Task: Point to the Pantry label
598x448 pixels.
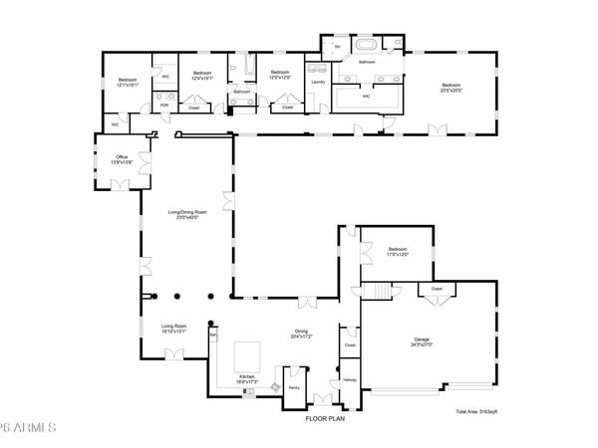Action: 294,387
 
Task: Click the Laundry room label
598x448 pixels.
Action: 318,82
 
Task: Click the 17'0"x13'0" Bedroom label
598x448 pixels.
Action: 397,251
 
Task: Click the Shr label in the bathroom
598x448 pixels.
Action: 337,47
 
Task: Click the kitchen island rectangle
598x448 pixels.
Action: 248,355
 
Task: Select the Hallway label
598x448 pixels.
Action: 350,379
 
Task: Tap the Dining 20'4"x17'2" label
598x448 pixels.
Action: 300,334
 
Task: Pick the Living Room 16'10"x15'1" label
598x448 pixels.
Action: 173,329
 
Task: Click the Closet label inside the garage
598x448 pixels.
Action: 437,289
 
